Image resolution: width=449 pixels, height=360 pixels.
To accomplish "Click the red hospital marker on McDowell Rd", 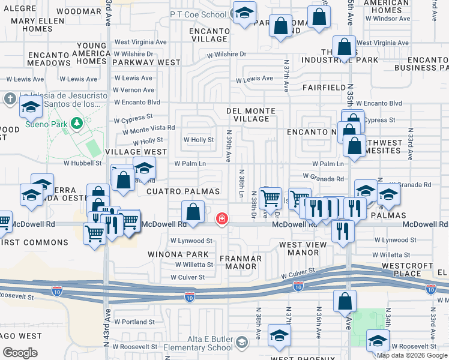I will click(222, 218).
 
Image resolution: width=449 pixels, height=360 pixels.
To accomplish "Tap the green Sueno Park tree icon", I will click(76, 124).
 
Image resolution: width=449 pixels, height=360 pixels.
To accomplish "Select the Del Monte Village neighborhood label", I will click(251, 115).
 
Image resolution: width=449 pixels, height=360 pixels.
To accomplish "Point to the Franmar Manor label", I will click(240, 263).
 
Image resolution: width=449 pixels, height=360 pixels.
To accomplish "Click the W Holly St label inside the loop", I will click(199, 140).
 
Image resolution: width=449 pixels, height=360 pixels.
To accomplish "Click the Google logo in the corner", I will click(20, 352).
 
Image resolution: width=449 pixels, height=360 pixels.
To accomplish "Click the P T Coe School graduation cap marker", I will click(244, 13).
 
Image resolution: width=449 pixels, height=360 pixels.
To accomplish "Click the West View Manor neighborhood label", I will click(303, 249).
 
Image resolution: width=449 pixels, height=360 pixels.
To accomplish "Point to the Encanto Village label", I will click(208, 35).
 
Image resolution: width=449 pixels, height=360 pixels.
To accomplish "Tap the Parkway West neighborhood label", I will click(144, 62).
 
